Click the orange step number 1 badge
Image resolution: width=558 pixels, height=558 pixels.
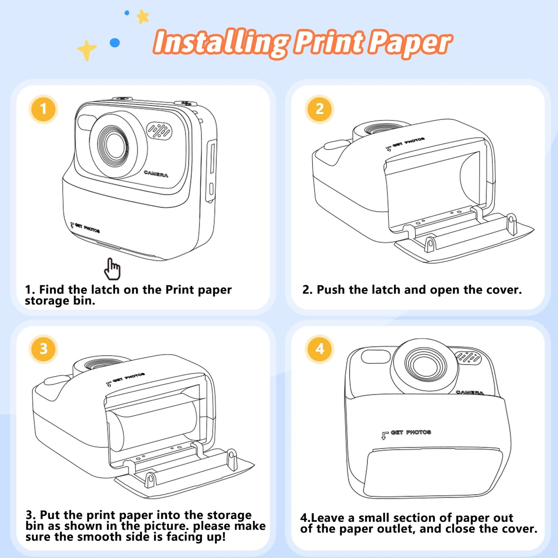click(43, 109)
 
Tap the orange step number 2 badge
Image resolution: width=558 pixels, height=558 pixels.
click(319, 109)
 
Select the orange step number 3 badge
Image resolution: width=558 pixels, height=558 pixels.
click(43, 349)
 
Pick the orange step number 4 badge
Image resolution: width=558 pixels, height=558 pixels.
click(319, 349)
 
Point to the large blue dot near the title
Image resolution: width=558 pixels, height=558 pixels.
click(115, 42)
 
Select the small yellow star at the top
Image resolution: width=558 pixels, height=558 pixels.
click(143, 16)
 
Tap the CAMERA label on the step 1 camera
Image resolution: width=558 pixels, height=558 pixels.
click(156, 174)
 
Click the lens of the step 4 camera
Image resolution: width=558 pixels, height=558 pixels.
click(424, 365)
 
